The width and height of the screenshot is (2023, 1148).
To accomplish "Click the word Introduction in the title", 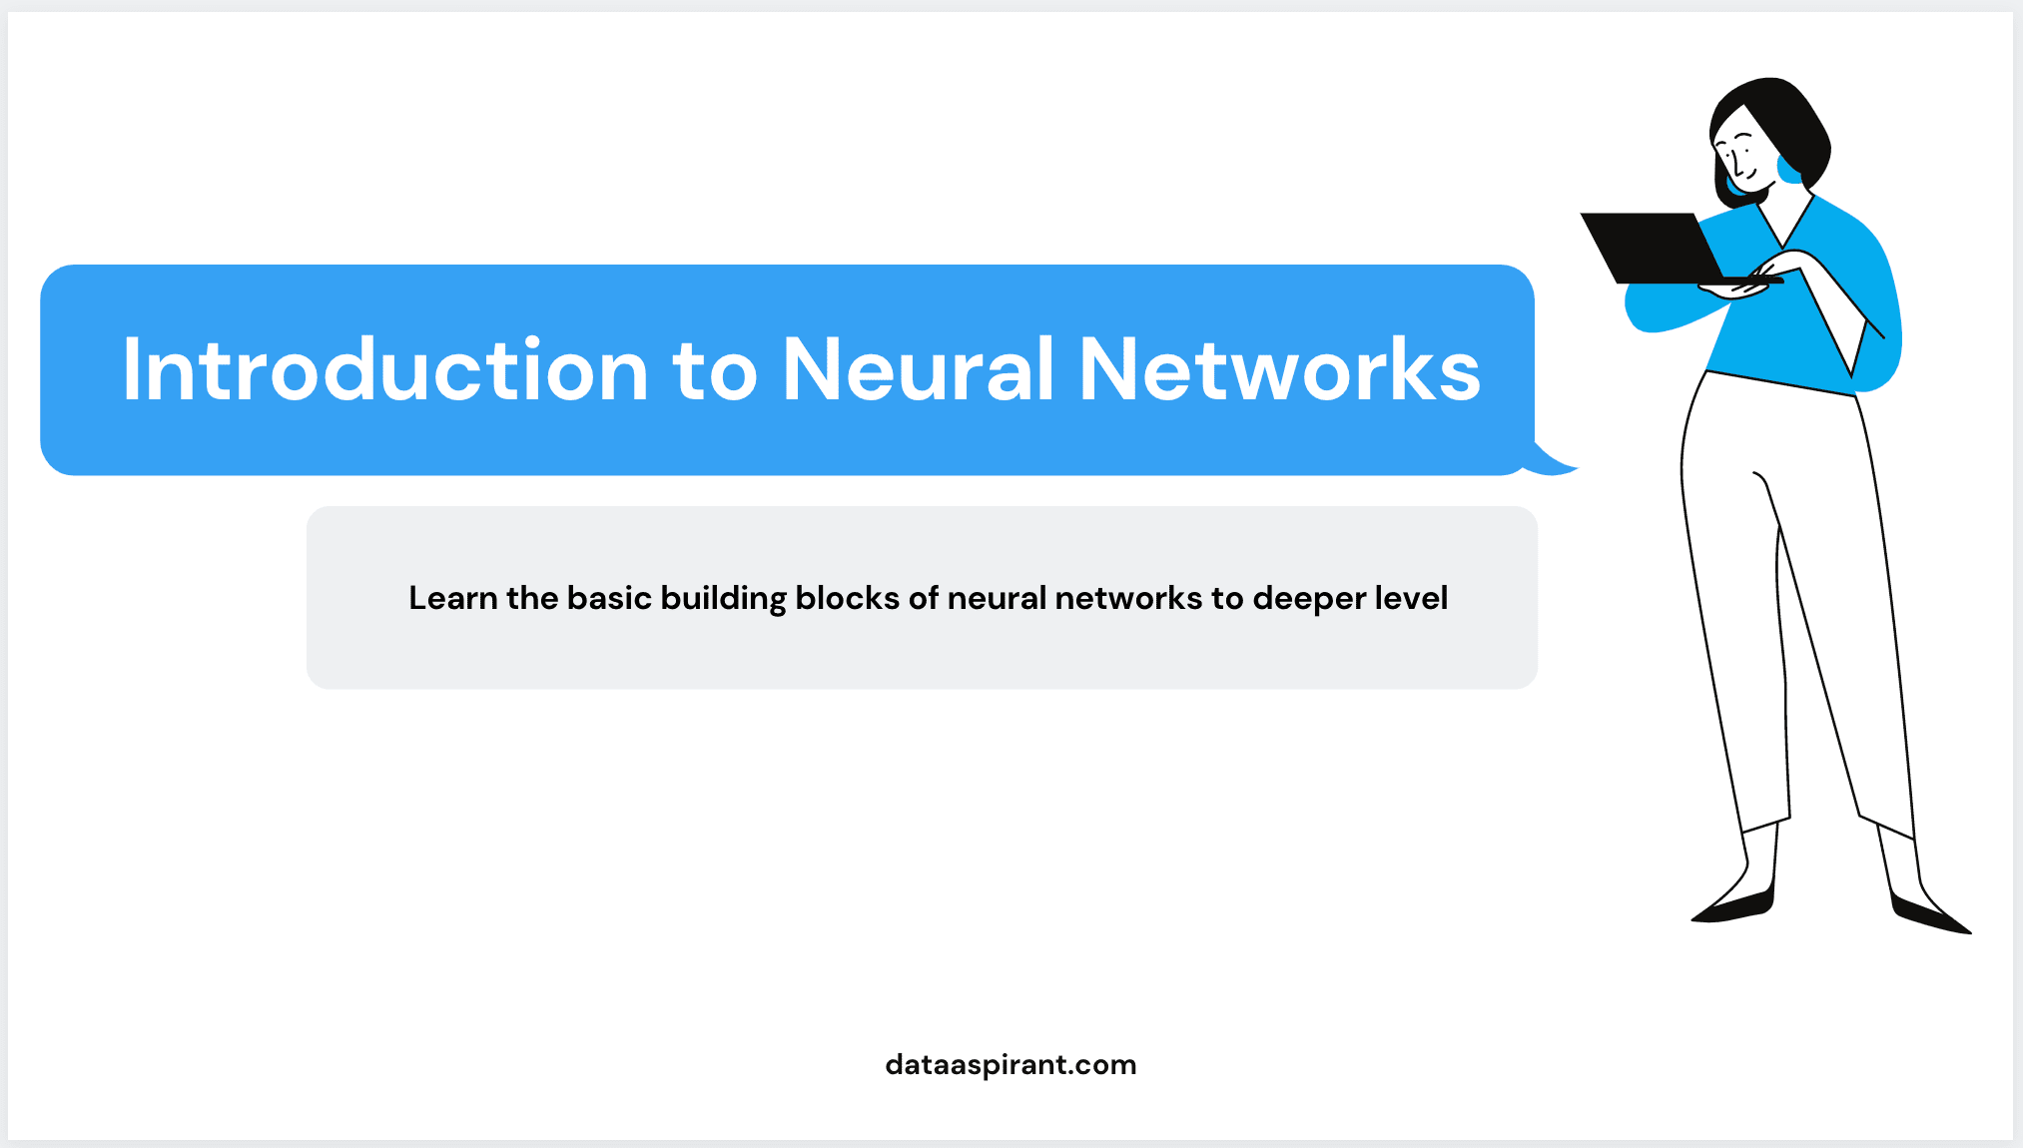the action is (x=385, y=370).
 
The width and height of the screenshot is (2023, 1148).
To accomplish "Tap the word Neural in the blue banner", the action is (x=918, y=370).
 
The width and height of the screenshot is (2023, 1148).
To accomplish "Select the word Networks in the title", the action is (x=1279, y=370).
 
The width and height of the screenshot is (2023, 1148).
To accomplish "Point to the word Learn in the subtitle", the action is (x=452, y=598).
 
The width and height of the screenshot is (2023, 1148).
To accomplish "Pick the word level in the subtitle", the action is (x=1411, y=598).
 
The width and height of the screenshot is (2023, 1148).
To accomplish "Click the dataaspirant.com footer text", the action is (x=1011, y=1065).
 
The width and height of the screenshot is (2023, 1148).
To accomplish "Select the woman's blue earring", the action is (x=1788, y=170).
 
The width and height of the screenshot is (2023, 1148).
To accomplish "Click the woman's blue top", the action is (x=1797, y=329).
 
